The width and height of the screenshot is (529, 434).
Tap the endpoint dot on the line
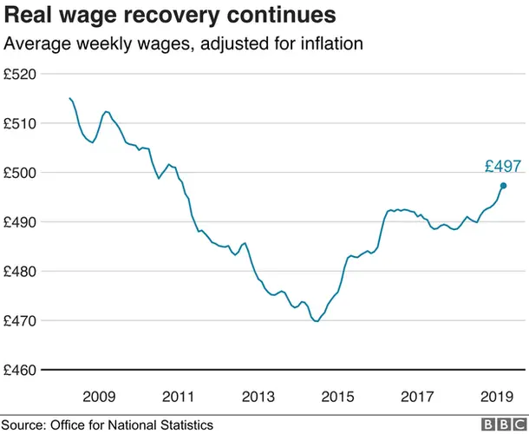click(503, 186)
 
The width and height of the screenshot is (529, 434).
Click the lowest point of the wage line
click(316, 321)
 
